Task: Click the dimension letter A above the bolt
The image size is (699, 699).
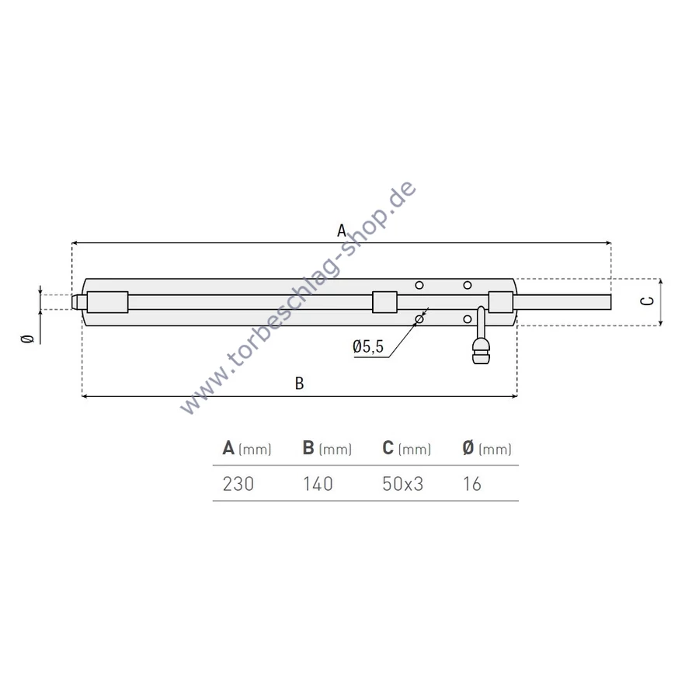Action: click(342, 231)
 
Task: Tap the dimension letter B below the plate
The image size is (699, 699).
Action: click(300, 384)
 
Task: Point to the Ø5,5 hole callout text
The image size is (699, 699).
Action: click(368, 346)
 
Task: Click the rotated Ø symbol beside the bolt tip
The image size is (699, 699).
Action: click(28, 339)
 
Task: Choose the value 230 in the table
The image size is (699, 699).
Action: click(238, 484)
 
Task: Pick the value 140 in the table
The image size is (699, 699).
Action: click(318, 484)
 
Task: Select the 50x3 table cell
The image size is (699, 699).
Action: click(402, 484)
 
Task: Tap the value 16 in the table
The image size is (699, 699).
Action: click(472, 484)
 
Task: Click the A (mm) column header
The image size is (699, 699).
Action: click(247, 448)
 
